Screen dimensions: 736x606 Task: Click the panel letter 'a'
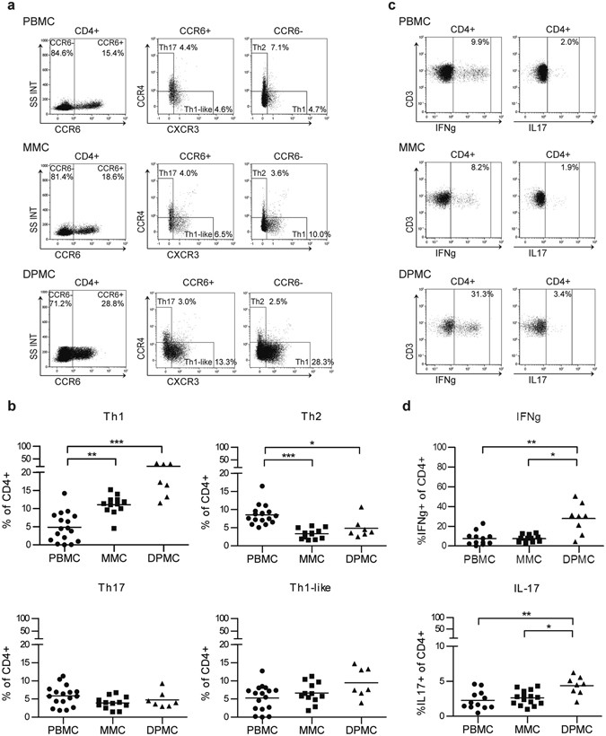click(7, 7)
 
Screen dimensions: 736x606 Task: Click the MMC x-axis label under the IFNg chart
click(496, 571)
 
